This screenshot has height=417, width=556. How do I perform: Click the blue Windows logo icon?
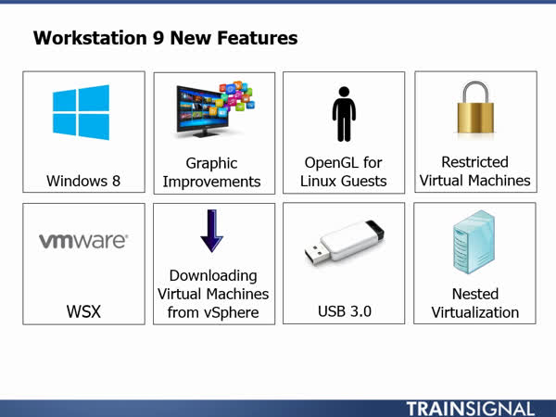(82, 112)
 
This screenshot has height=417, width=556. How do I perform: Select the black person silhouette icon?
(344, 114)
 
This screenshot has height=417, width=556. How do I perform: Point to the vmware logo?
(83, 241)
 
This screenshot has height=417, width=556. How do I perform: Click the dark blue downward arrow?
(211, 231)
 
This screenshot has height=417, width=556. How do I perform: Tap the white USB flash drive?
(345, 243)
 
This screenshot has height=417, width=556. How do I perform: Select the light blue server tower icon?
(474, 242)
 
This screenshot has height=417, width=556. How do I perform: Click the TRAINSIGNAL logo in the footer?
(470, 409)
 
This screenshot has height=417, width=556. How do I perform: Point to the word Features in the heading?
(258, 38)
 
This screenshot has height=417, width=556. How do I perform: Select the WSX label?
(83, 311)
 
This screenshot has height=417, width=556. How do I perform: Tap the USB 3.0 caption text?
(345, 311)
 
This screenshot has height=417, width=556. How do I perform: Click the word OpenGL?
(329, 163)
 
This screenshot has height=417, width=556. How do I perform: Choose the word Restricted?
(474, 162)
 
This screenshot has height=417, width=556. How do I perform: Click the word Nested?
(475, 294)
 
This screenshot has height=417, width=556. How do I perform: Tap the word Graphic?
(211, 163)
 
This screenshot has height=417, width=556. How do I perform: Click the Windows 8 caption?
(83, 181)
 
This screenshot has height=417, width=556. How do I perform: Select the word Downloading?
(213, 276)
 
